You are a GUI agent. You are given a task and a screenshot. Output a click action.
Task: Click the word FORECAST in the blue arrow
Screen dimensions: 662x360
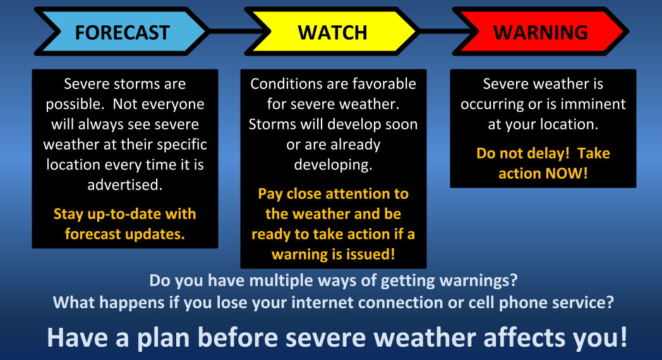pos(123,32)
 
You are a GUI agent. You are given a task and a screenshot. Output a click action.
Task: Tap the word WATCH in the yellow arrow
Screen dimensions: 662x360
pos(333,32)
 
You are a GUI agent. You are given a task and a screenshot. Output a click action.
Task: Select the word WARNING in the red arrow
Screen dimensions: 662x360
pos(541,32)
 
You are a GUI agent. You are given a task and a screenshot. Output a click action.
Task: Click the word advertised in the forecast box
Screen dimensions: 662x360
pos(125,185)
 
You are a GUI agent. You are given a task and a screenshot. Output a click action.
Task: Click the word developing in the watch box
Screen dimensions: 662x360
pos(333,165)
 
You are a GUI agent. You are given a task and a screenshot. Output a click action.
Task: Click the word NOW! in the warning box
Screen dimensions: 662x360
pos(566,174)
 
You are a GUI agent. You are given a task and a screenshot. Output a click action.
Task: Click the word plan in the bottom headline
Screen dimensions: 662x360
pos(164,338)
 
